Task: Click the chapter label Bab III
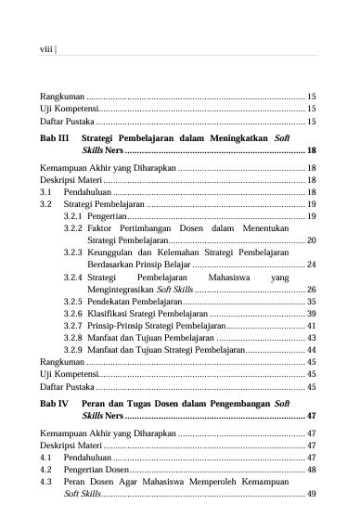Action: click(x=54, y=137)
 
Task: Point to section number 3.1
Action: click(x=46, y=190)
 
